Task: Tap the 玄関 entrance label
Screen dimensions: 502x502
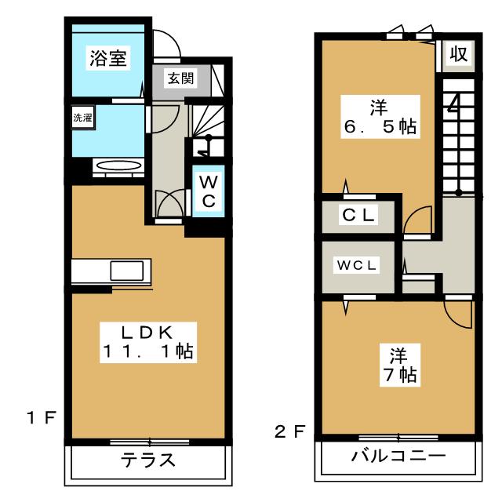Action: pyautogui.click(x=176, y=78)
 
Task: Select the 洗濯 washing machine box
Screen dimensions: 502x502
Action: pyautogui.click(x=82, y=118)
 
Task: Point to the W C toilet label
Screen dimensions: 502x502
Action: pyautogui.click(x=207, y=191)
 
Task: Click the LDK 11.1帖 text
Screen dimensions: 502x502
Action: pyautogui.click(x=147, y=341)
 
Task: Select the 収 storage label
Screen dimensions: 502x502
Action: pyautogui.click(x=458, y=56)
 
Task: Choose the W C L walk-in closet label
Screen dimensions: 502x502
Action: pyautogui.click(x=358, y=265)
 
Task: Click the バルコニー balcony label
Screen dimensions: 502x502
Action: pyautogui.click(x=398, y=457)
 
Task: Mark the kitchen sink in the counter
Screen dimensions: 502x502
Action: pyautogui.click(x=125, y=271)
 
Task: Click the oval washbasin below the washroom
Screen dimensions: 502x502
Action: pyautogui.click(x=117, y=166)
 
